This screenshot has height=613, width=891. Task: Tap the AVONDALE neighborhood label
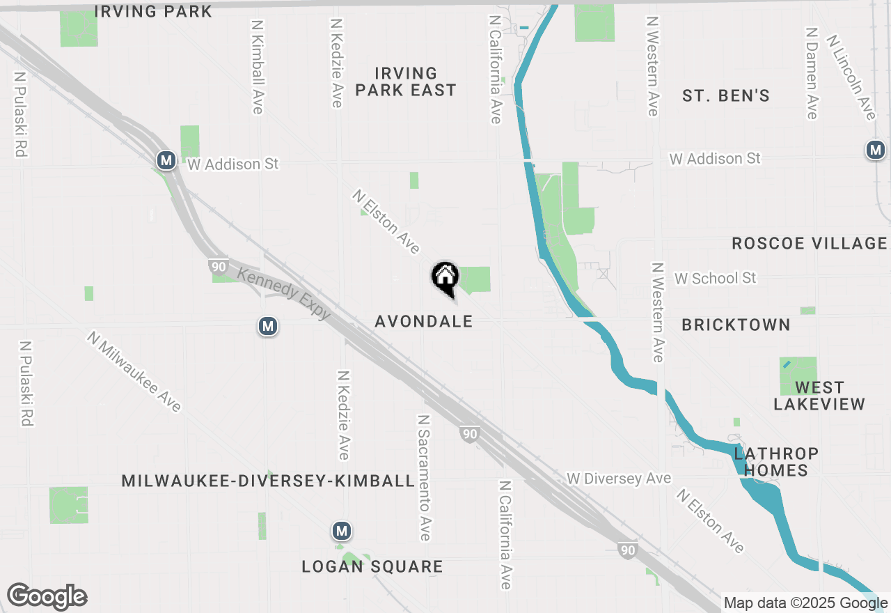click(423, 321)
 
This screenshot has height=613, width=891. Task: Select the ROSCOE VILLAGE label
click(809, 243)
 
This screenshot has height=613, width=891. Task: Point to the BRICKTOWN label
click(736, 325)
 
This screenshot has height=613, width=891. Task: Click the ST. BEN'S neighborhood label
click(725, 96)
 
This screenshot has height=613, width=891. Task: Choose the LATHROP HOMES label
click(775, 462)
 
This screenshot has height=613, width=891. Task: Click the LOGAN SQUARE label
click(372, 566)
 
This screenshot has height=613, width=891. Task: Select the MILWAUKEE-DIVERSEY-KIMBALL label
click(268, 481)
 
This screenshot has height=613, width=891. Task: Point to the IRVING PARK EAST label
click(405, 82)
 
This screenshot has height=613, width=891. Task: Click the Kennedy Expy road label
click(284, 293)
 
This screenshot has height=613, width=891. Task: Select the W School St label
click(715, 278)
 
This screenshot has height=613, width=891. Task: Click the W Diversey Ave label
click(618, 479)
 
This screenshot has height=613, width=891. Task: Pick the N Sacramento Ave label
click(423, 478)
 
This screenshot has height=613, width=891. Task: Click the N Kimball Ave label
click(257, 66)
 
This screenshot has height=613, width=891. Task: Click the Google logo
click(47, 597)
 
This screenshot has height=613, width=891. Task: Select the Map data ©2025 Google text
click(805, 603)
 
